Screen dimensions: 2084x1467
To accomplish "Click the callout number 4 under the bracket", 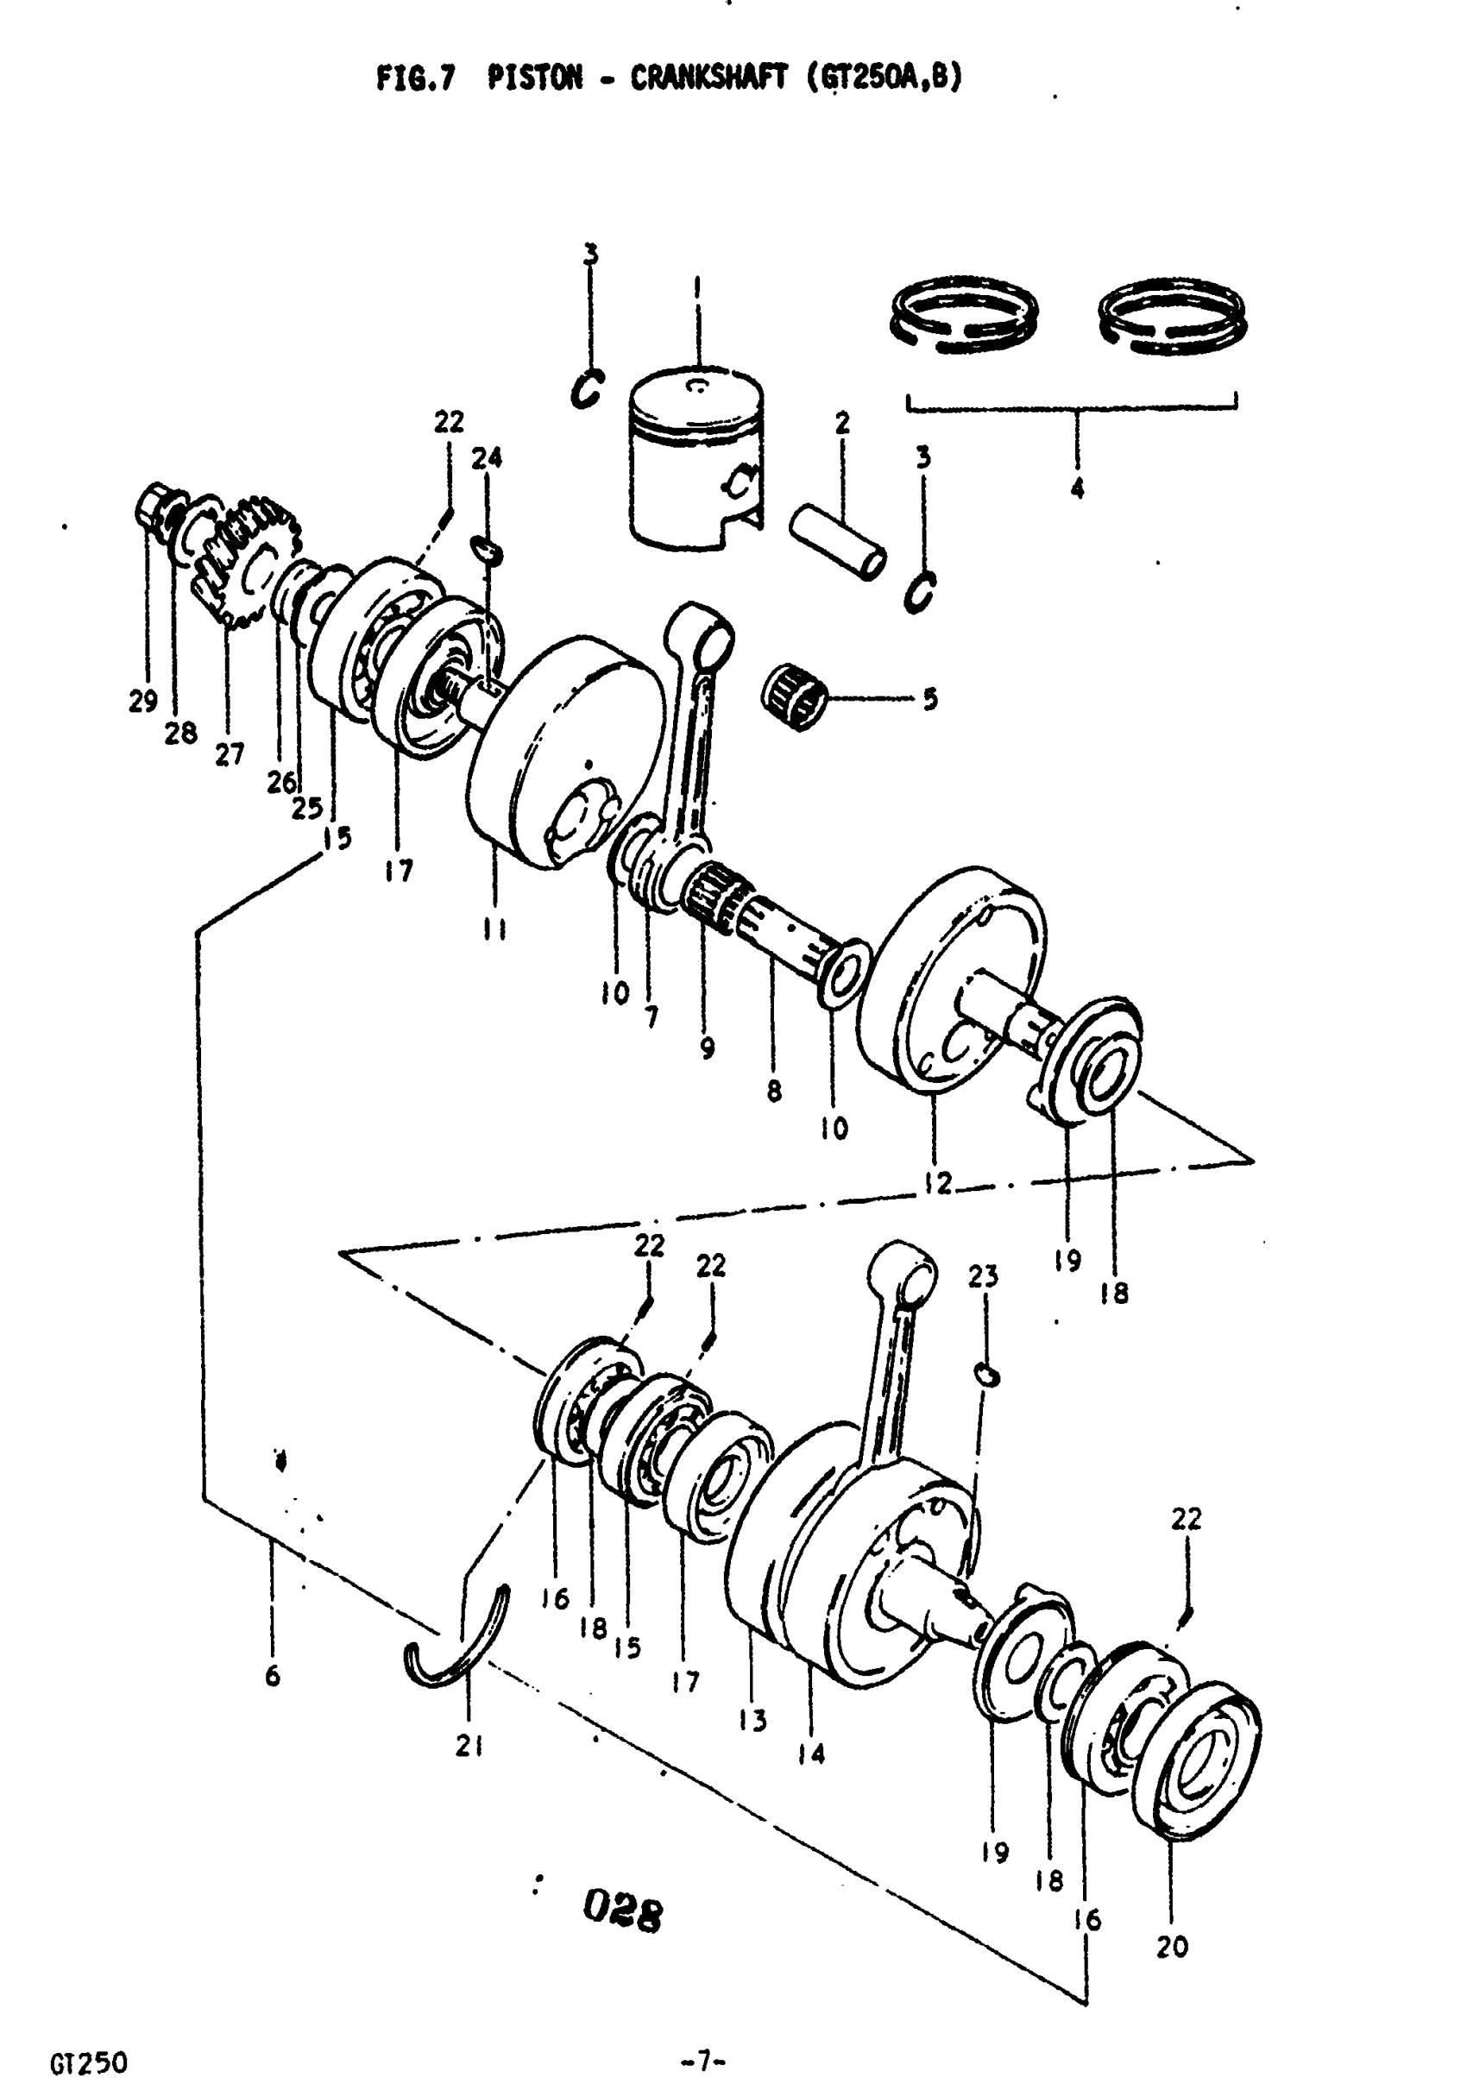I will [1077, 489].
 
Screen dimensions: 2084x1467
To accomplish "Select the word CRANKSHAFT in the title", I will [711, 79].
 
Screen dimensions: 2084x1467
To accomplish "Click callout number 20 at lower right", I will [1171, 1947].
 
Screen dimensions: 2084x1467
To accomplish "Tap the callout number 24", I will [487, 458].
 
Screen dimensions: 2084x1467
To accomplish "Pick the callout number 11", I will [494, 929].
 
